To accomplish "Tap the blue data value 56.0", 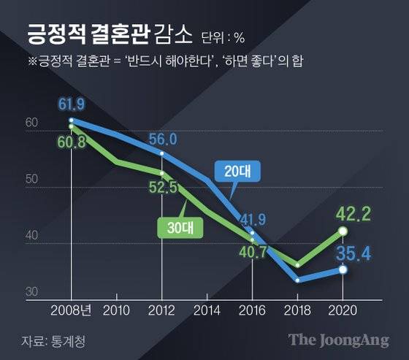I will point(163,139).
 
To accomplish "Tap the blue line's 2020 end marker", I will point(343,269).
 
